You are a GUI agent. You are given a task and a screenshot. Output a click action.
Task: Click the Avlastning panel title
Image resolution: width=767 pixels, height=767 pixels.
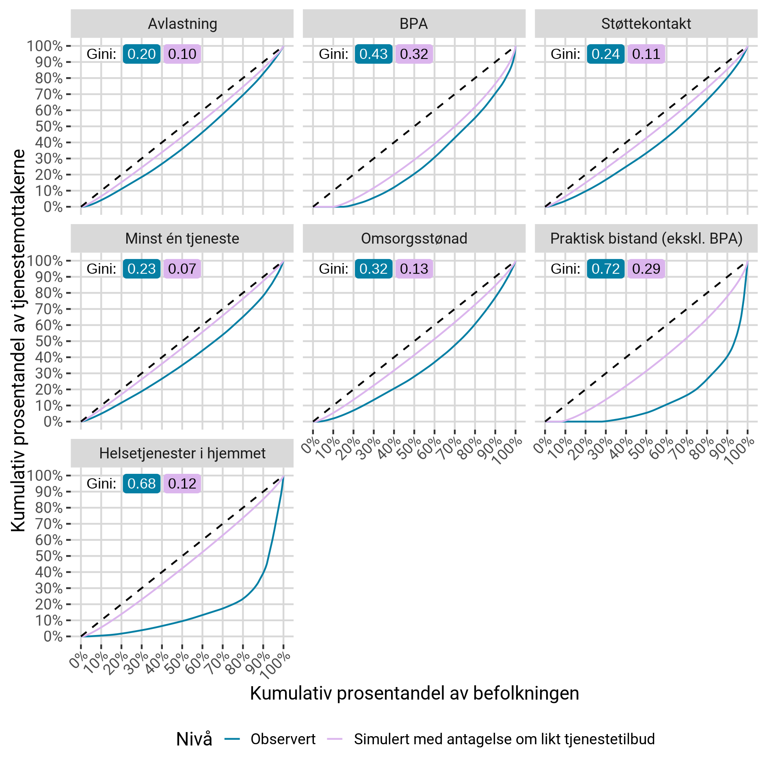coord(182,24)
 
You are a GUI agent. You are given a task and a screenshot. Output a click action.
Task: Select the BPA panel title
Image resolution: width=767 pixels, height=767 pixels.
coord(414,24)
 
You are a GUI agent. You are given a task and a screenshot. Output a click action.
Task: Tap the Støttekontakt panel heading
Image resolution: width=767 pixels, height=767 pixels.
coord(646,24)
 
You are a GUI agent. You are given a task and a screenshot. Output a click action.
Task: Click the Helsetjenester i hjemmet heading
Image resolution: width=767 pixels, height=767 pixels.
coord(182,453)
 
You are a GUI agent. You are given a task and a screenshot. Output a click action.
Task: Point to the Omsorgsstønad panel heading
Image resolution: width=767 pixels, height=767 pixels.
coord(414,239)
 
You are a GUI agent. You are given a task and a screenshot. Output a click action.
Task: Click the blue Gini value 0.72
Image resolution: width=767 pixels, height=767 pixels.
coord(605,269)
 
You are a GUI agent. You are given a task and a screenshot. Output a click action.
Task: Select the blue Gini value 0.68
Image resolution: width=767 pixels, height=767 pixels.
coord(141,484)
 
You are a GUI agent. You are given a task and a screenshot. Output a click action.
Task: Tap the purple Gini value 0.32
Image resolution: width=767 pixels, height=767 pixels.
coord(414,54)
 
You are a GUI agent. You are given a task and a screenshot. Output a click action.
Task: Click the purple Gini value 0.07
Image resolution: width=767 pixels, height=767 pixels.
coord(182,269)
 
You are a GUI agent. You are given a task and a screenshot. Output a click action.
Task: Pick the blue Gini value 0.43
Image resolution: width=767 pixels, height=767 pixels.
coord(373,54)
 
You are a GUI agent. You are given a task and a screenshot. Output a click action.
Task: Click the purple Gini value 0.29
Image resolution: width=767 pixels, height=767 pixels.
coord(646,269)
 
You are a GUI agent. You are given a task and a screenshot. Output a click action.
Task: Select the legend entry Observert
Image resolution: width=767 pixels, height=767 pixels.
coord(283,739)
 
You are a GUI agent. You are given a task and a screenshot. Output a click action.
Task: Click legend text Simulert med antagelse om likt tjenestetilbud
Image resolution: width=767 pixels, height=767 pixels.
coord(504,739)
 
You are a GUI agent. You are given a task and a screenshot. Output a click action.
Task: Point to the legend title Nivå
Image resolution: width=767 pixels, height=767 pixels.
coord(194,739)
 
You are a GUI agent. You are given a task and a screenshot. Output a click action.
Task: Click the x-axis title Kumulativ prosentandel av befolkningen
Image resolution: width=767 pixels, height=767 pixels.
coord(414,693)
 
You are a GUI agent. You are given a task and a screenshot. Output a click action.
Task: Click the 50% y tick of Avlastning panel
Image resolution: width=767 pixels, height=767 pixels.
coord(49,127)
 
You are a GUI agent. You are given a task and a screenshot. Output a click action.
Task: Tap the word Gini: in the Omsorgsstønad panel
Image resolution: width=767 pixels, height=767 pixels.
coord(333,269)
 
